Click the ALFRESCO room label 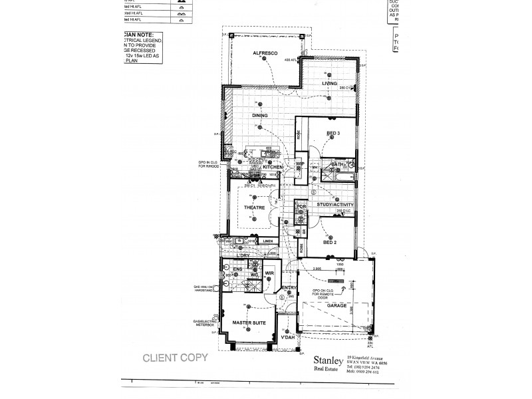[x=265, y=53]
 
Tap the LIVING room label [x=329, y=83]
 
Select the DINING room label [x=259, y=115]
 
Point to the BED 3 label [x=333, y=134]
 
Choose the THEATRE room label [x=255, y=207]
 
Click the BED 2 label [x=331, y=243]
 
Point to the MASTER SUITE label [x=249, y=323]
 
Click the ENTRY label [x=289, y=288]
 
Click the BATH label [x=336, y=164]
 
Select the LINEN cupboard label [x=267, y=241]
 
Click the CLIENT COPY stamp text [x=176, y=357]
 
